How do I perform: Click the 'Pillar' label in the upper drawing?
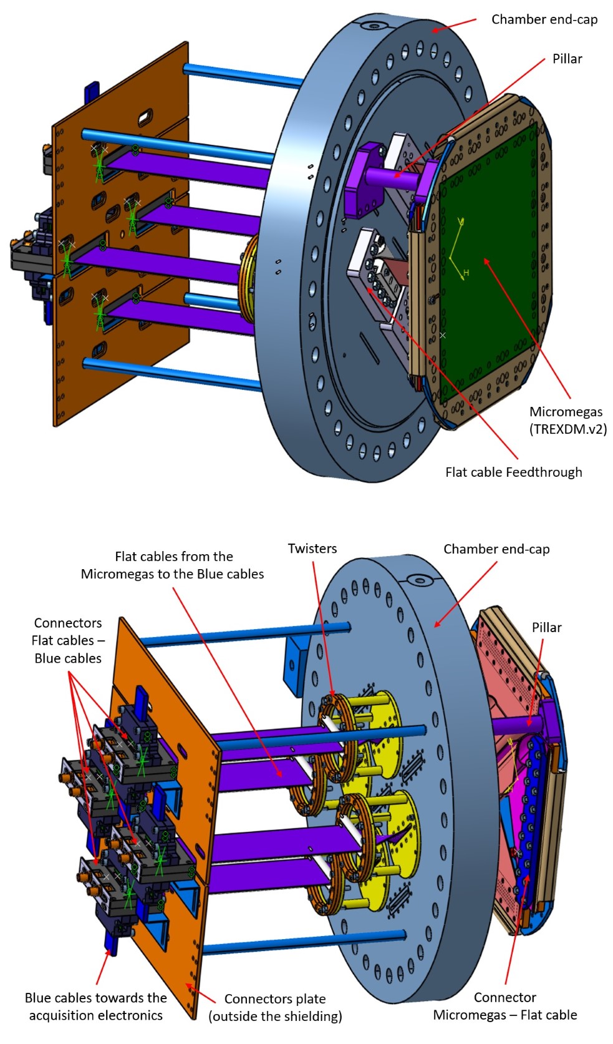coord(567,59)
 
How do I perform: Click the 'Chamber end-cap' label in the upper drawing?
coord(544,19)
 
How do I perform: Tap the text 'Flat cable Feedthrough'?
coord(513,472)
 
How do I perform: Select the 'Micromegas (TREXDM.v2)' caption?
coord(567,420)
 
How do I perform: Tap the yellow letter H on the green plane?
coord(466,273)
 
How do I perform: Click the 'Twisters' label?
coord(312,549)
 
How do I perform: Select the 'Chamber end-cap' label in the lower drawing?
coord(496,549)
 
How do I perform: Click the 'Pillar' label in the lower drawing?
coord(546,628)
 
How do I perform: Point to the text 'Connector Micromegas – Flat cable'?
coord(505,1006)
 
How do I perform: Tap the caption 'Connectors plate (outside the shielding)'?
coord(275,1007)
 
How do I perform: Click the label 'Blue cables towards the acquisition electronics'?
coord(95,1007)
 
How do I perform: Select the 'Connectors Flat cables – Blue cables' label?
coord(67,640)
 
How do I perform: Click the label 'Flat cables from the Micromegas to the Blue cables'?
coord(173,565)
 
